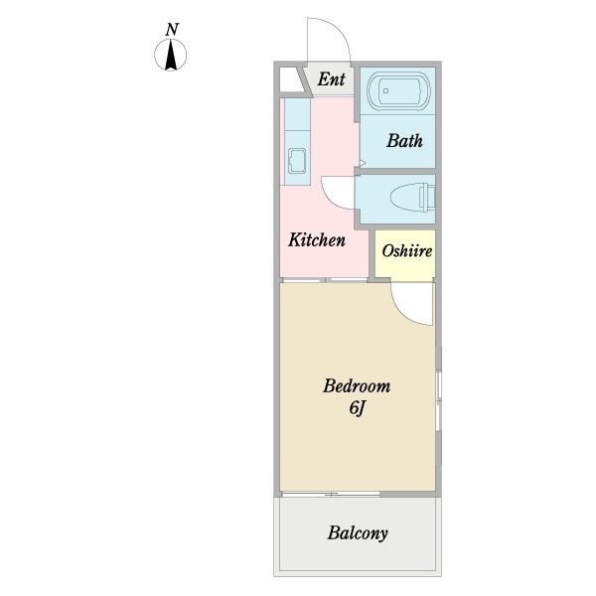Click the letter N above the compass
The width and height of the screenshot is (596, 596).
172,30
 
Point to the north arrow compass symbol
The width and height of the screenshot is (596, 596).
170,55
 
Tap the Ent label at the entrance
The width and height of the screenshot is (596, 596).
331,79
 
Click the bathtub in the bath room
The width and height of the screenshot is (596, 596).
398,90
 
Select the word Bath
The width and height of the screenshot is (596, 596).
404,141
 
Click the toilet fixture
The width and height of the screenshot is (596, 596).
413,198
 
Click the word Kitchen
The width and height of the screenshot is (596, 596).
317,239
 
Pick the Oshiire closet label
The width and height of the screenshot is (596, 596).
406,251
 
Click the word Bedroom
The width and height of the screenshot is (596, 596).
357,386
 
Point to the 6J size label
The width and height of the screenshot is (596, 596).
357,409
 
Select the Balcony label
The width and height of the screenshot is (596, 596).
358,532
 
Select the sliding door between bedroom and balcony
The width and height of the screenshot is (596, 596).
331,494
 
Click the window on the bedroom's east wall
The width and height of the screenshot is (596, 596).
438,400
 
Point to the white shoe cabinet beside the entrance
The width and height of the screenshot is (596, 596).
292,79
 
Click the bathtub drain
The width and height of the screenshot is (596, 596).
385,90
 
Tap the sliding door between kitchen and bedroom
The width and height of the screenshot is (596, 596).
325,280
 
